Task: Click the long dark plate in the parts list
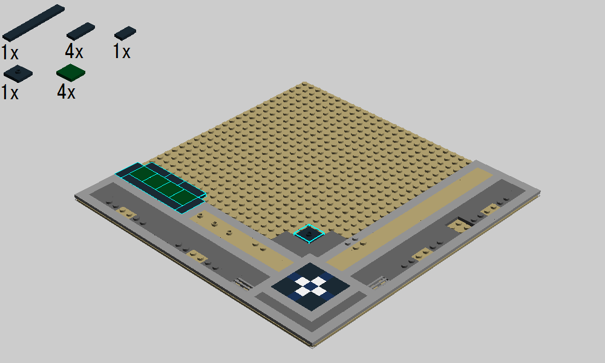(x=33, y=22)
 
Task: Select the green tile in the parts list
(x=71, y=73)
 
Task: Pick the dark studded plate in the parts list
(x=18, y=74)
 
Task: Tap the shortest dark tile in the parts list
(x=125, y=33)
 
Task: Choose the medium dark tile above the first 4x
(x=80, y=31)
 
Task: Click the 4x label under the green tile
(x=66, y=92)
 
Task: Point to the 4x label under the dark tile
(x=74, y=51)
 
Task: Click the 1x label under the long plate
(x=10, y=52)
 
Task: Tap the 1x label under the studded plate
(x=10, y=93)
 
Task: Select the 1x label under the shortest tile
(x=122, y=51)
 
